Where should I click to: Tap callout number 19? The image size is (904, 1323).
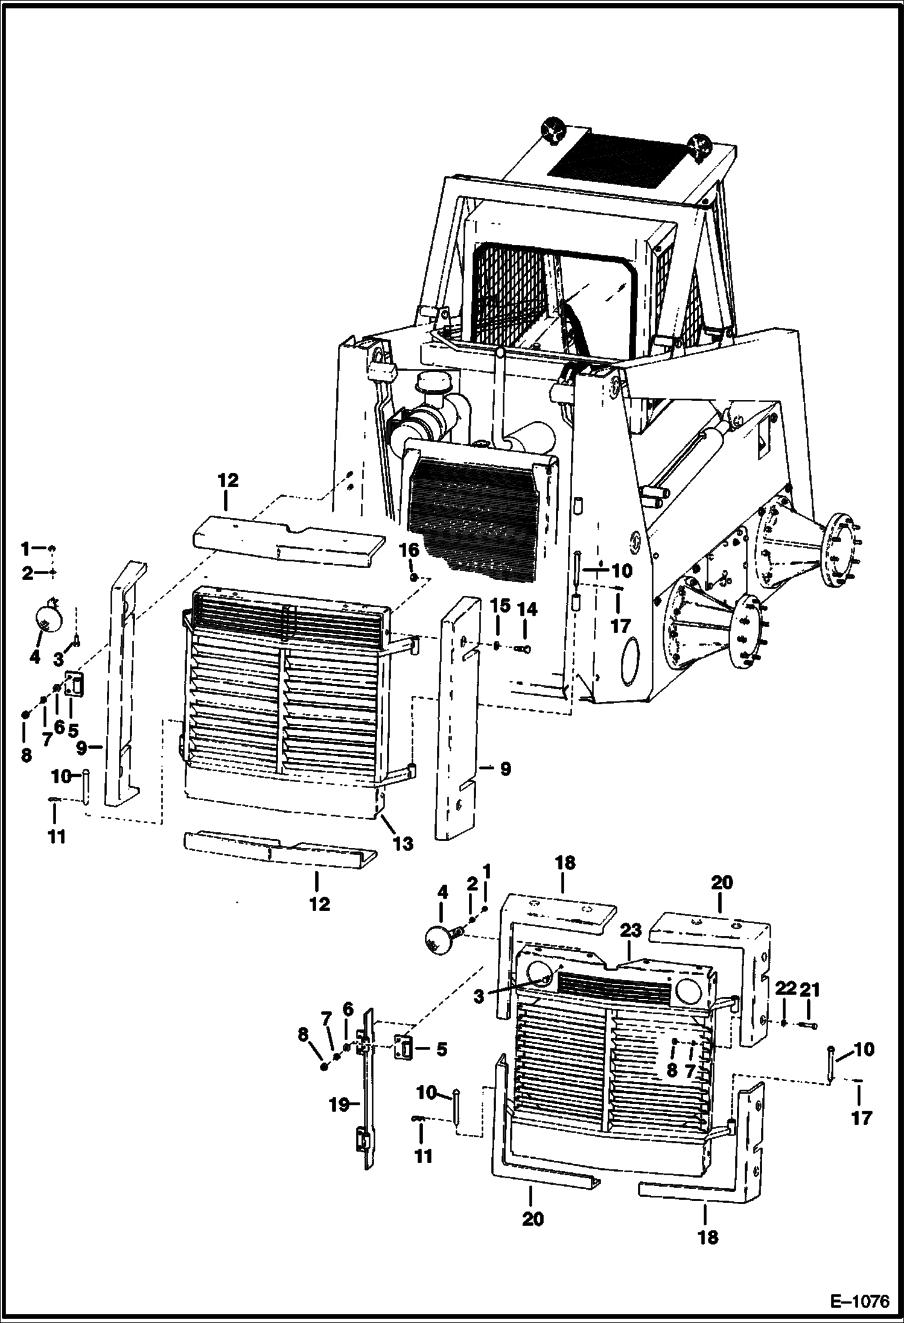pos(340,1105)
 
